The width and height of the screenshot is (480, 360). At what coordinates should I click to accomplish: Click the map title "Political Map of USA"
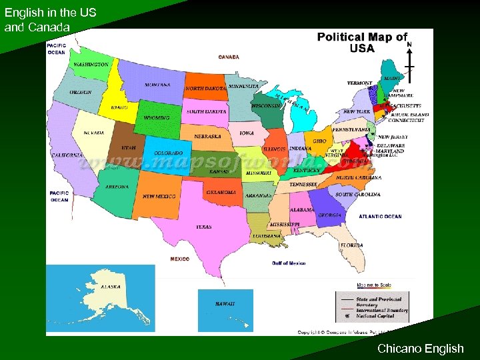(362, 43)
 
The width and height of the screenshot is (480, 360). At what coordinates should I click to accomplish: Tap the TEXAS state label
(203, 227)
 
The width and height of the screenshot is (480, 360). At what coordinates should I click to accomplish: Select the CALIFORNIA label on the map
(67, 155)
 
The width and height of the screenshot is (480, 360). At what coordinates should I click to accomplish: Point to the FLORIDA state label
(351, 245)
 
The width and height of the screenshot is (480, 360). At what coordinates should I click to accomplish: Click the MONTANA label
(157, 85)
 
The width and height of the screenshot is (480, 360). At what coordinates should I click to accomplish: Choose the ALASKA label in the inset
(111, 287)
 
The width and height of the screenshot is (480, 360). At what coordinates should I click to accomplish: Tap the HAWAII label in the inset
(225, 303)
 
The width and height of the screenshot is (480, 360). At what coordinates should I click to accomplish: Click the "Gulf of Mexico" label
(289, 263)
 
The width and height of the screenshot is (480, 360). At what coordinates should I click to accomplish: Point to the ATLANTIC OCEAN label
(380, 217)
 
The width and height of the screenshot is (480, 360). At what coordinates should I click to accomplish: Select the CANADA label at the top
(229, 57)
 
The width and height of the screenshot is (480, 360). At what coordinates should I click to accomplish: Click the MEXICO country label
(179, 259)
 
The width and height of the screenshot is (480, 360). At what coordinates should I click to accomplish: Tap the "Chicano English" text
(420, 348)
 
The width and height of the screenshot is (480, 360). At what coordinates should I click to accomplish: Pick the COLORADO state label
(168, 153)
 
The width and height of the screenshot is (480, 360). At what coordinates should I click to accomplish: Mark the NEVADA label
(93, 133)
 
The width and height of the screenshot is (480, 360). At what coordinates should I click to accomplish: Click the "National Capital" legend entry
(379, 316)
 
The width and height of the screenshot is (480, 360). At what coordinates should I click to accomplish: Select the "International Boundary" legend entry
(382, 310)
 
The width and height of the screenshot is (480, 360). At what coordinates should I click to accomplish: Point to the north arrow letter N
(409, 44)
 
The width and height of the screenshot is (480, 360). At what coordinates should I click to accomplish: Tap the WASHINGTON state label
(91, 65)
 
